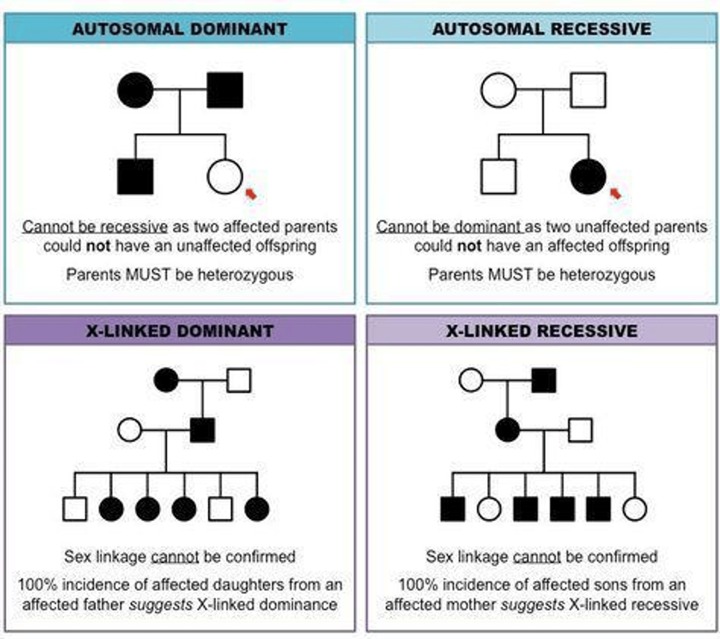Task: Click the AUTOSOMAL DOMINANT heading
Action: click(180, 29)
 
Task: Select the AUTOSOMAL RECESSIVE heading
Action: click(541, 29)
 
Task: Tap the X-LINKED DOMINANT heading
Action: click(180, 331)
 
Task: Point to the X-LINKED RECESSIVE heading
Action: click(541, 331)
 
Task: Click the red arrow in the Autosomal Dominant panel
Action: click(250, 194)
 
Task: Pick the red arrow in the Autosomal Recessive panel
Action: click(616, 193)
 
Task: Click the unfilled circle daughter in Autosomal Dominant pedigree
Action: click(225, 176)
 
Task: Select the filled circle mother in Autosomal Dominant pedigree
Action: click(135, 90)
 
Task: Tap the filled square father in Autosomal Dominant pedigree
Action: click(225, 90)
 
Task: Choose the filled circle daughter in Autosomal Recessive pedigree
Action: click(588, 176)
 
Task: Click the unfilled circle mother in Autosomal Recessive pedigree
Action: click(498, 90)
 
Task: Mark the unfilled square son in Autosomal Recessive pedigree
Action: click(498, 176)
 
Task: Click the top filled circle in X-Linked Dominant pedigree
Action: click(166, 380)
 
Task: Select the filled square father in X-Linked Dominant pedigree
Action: click(203, 430)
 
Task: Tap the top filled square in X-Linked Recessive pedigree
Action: click(544, 380)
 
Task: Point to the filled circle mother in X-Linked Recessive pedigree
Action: click(507, 430)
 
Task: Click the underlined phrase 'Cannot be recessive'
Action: click(95, 227)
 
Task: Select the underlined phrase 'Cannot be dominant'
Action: click(449, 227)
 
